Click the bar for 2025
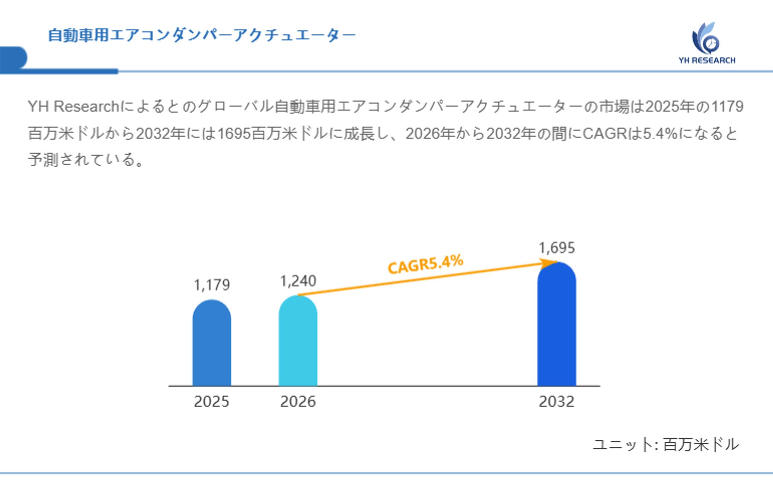(x=212, y=343)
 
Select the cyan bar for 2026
(x=298, y=342)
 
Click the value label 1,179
(x=212, y=285)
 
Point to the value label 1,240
(x=298, y=281)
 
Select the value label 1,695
(x=556, y=248)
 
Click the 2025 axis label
(x=212, y=402)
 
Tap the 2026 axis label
(x=298, y=402)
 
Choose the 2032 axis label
(x=556, y=402)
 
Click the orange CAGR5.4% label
(x=425, y=264)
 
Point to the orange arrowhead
(x=549, y=263)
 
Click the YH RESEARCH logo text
(x=707, y=61)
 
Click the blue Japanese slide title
(x=202, y=35)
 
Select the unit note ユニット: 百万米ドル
(x=666, y=444)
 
